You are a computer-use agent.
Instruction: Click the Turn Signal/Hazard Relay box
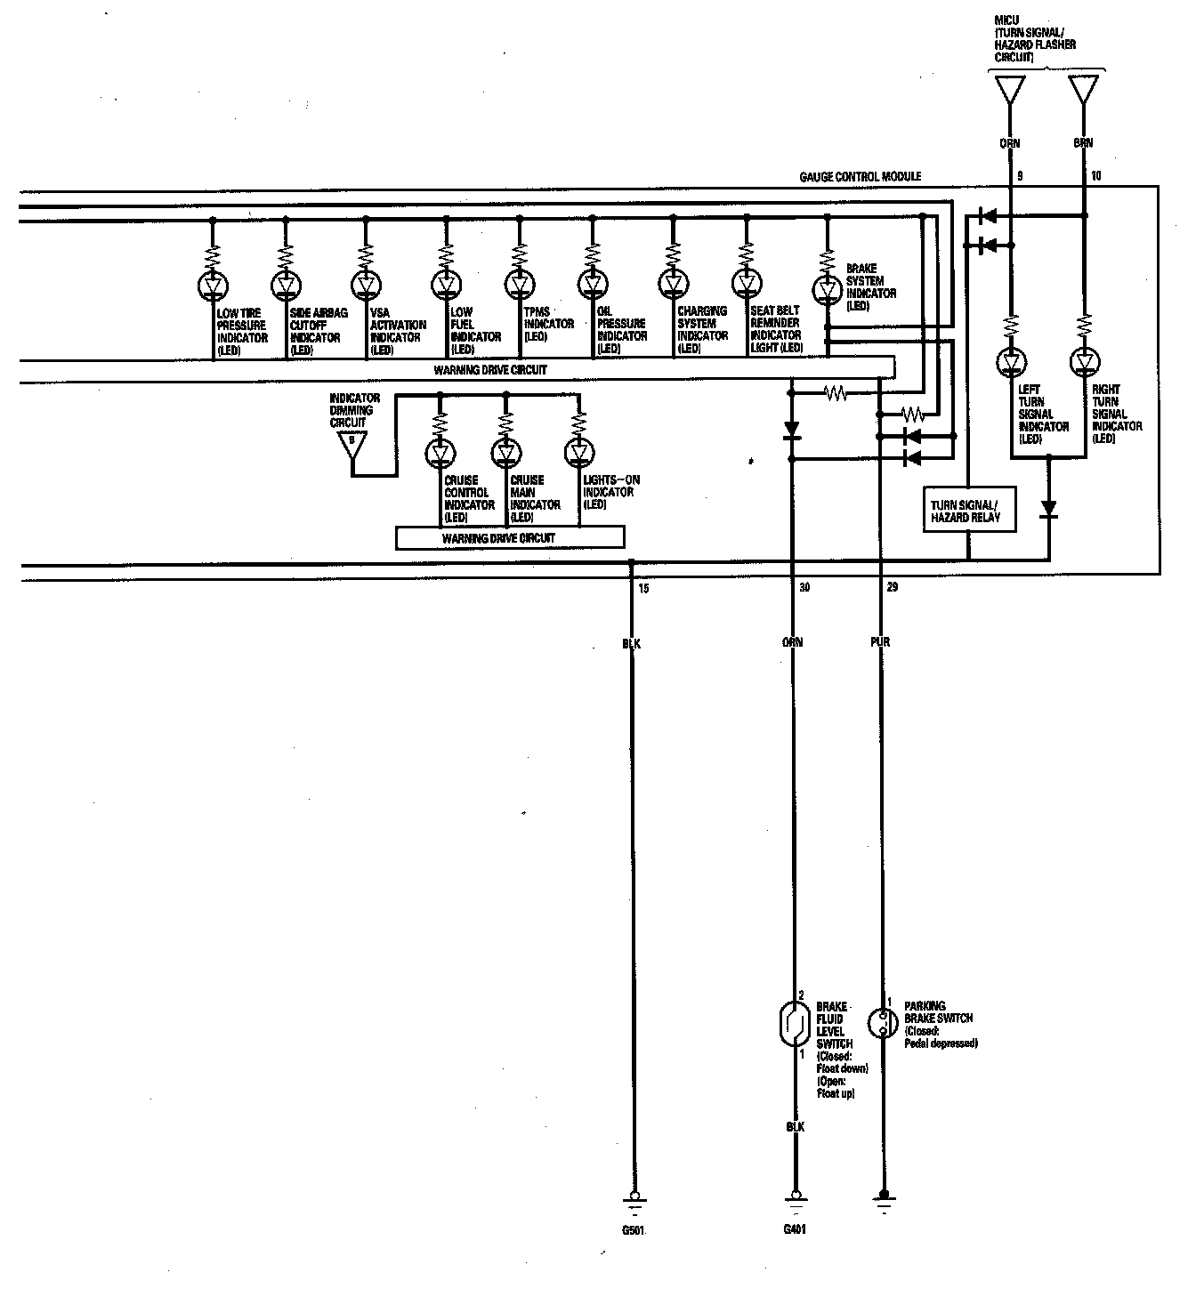969,511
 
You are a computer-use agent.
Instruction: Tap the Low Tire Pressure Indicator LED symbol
213,285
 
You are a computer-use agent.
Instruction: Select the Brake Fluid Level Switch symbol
791,1024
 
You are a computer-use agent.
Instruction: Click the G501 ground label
633,1232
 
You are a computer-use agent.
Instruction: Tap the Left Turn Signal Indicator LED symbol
1011,362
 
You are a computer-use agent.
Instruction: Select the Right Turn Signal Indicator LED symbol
1084,362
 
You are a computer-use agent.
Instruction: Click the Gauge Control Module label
860,177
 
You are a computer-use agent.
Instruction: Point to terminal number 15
643,588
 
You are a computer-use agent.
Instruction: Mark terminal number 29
892,588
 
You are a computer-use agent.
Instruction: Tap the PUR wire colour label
880,641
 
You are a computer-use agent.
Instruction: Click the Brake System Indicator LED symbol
828,289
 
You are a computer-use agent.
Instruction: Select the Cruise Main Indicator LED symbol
505,454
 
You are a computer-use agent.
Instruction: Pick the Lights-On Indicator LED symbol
578,454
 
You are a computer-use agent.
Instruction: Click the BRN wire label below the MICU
1083,142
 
